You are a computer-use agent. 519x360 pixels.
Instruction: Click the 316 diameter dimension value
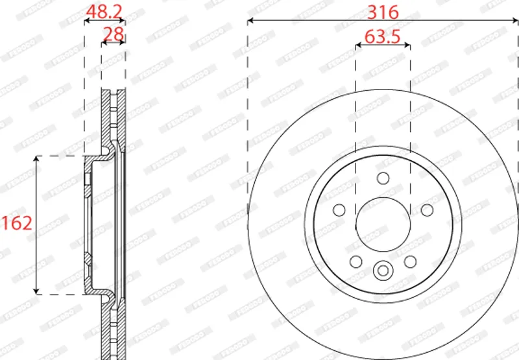click(383, 12)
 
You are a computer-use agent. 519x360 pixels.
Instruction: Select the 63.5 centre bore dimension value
click(383, 36)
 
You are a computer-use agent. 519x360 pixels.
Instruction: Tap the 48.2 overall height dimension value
click(104, 12)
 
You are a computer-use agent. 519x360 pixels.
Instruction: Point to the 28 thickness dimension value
click(114, 34)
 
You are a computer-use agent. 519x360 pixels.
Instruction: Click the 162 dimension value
click(17, 223)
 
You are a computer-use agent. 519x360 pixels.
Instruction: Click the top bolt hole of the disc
click(383, 178)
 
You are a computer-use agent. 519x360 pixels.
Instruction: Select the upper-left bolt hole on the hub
click(339, 210)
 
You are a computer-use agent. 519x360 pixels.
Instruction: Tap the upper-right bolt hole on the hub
click(427, 210)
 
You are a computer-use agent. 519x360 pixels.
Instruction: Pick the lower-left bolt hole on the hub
click(356, 261)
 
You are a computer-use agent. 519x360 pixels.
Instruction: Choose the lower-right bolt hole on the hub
click(410, 261)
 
